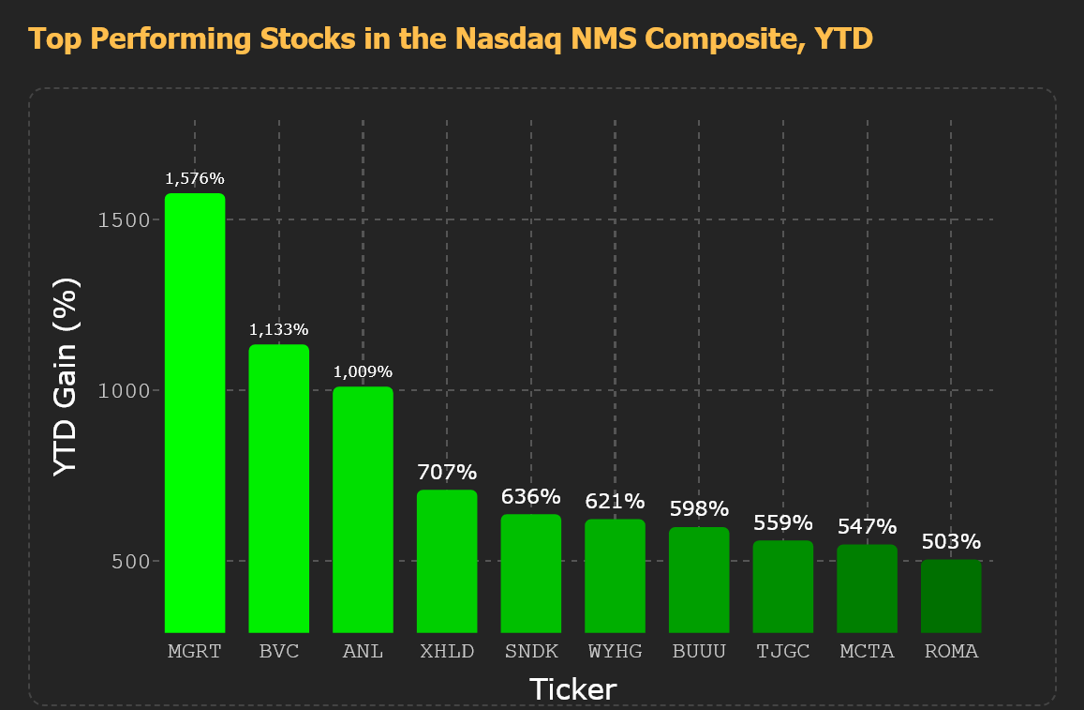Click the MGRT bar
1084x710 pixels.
[195, 413]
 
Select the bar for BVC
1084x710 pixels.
[278, 489]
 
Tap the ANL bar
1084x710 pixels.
[363, 510]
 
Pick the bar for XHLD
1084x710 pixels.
[447, 561]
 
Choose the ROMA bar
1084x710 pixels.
[951, 597]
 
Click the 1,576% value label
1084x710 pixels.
[195, 178]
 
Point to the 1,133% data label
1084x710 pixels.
[278, 329]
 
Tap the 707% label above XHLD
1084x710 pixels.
[447, 472]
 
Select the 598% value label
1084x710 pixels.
[699, 509]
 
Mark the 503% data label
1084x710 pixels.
[951, 541]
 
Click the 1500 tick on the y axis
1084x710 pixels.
[125, 220]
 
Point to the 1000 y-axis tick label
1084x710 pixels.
[125, 391]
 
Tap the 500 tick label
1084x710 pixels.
[131, 561]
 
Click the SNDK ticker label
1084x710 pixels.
[531, 651]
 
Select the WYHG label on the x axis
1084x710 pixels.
[616, 651]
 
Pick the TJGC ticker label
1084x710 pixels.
[783, 651]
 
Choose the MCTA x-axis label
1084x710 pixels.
[867, 651]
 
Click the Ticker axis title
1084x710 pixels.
[573, 689]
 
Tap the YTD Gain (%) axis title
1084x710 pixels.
[67, 376]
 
